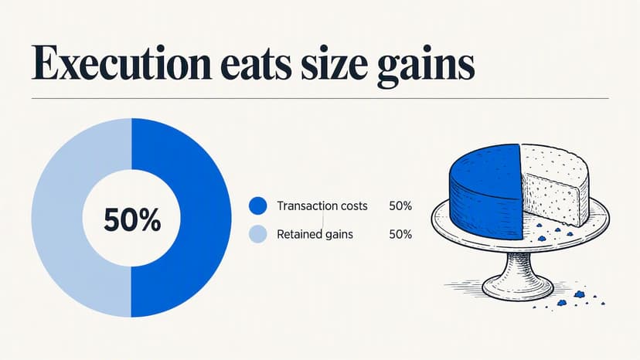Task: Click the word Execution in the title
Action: point(121,63)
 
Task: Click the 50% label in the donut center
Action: point(132,219)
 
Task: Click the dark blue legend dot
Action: point(258,205)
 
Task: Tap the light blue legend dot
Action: point(258,234)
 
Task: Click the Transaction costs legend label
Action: point(322,205)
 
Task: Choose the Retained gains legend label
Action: point(315,234)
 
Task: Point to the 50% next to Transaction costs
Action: point(400,205)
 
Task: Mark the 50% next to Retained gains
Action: point(400,234)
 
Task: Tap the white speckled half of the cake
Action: point(554,184)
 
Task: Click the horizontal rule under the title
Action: point(320,98)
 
